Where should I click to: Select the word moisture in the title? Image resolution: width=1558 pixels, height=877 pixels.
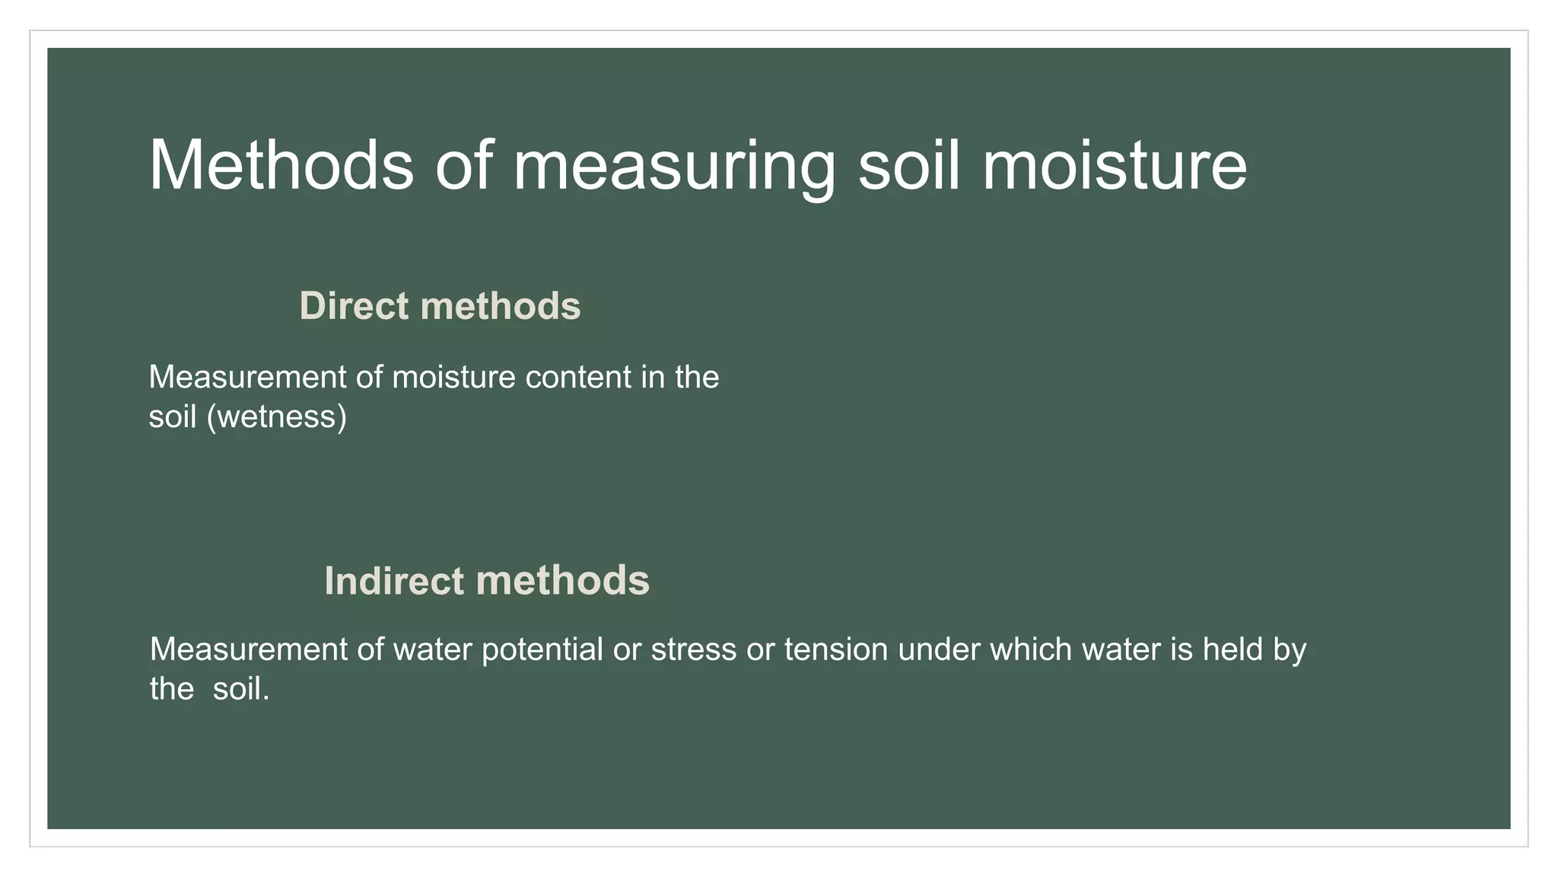(1114, 165)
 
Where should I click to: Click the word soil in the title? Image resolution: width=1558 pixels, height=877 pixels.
(910, 165)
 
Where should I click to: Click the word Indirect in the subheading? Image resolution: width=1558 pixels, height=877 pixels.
(393, 581)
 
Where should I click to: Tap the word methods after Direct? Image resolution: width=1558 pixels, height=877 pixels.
(500, 306)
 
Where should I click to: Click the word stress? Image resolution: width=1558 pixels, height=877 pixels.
(693, 650)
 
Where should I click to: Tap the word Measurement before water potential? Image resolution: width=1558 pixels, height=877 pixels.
(248, 650)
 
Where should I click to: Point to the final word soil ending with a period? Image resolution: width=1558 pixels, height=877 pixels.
(240, 690)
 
